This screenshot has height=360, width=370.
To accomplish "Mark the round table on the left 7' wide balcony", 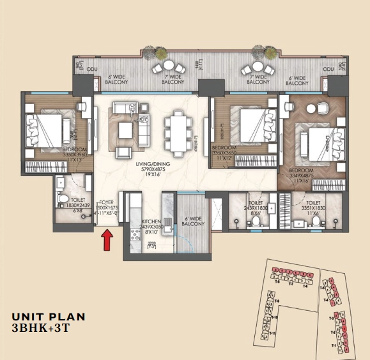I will [x=168, y=64].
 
